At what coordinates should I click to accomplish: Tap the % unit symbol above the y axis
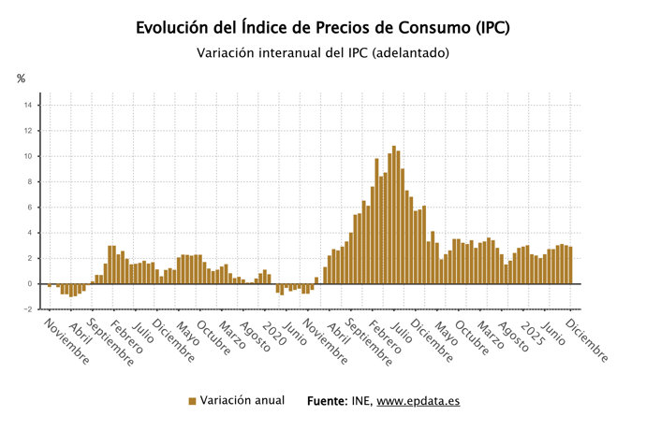[x=21, y=79]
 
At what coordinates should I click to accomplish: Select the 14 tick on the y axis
[x=28, y=105]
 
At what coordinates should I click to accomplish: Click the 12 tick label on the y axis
[x=28, y=130]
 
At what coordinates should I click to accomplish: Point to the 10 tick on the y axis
[x=28, y=156]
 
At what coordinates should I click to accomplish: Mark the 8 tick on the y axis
[x=30, y=181]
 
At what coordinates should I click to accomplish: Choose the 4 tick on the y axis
[x=30, y=233]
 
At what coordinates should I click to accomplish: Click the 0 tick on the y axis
[x=30, y=283]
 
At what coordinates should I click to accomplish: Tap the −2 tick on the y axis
[x=28, y=309]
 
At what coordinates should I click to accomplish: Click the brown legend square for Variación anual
[x=192, y=401]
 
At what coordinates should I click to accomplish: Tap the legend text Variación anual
[x=242, y=400]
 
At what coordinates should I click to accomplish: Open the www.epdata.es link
[x=418, y=401]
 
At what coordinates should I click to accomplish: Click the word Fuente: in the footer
[x=328, y=400]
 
